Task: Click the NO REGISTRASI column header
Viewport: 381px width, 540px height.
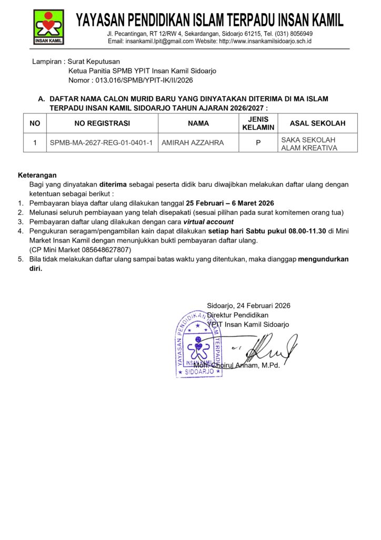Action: point(102,123)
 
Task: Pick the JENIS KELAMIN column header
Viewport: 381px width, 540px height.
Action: point(258,123)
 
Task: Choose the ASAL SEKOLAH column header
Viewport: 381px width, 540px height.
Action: point(318,123)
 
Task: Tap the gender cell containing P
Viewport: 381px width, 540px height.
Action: point(258,143)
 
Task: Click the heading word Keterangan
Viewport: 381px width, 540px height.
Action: point(37,175)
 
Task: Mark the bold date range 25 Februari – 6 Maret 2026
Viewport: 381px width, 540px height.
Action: point(230,203)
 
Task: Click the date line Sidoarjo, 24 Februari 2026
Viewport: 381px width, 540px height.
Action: point(248,305)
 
